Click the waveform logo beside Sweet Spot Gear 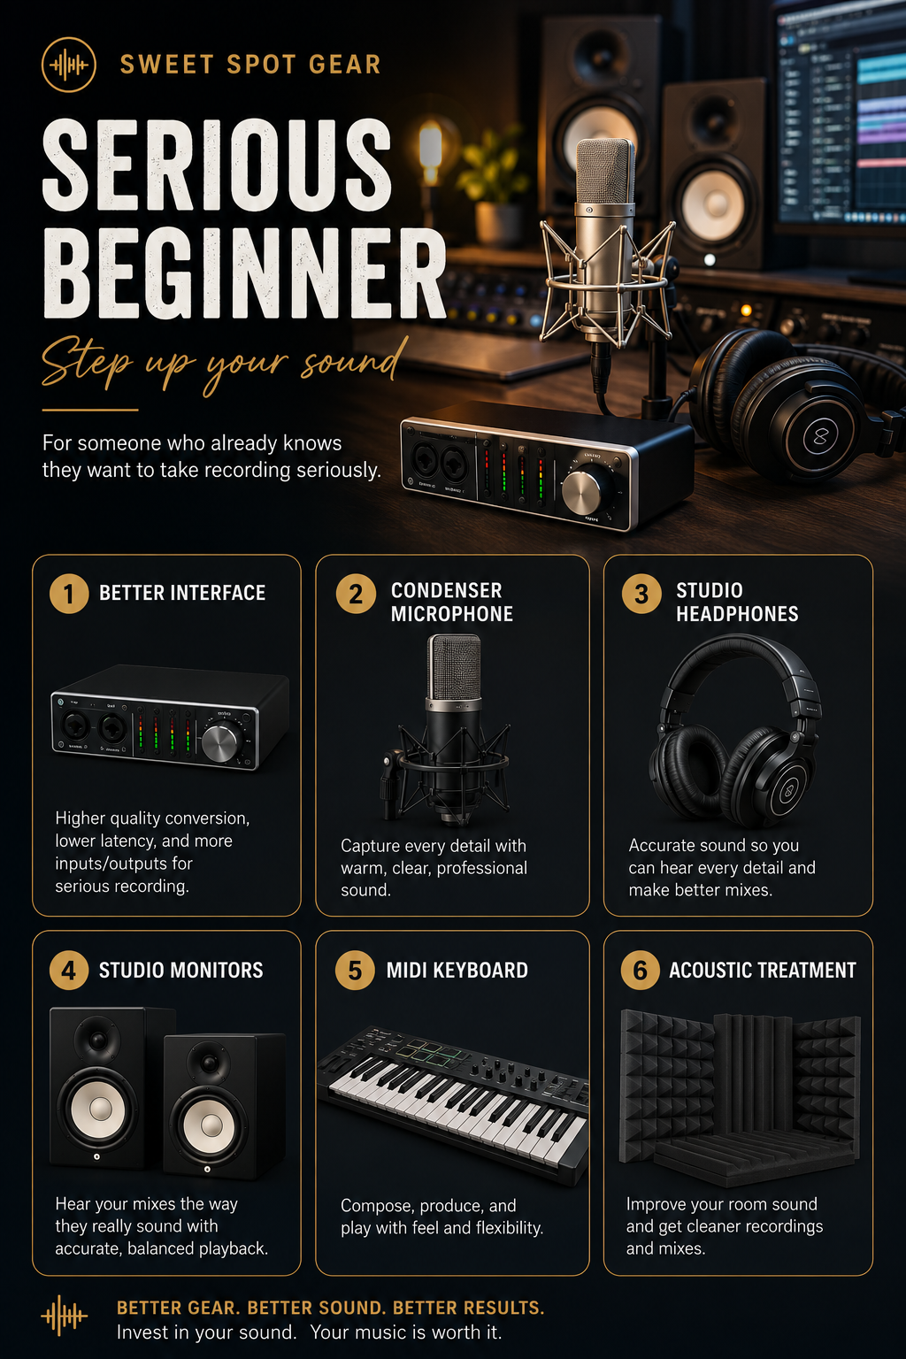[x=69, y=65]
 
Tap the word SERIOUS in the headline [x=217, y=165]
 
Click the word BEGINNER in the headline [x=244, y=275]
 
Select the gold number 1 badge [x=69, y=594]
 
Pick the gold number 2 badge [x=356, y=594]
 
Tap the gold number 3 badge [x=641, y=594]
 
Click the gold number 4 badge [x=69, y=970]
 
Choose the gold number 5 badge [x=355, y=970]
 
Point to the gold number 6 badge [x=641, y=970]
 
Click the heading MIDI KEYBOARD [x=457, y=970]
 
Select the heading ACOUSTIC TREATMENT [x=762, y=970]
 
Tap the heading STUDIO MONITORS [x=180, y=970]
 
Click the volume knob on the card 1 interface [x=221, y=743]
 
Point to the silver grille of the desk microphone [x=605, y=172]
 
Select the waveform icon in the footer [x=65, y=1316]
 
